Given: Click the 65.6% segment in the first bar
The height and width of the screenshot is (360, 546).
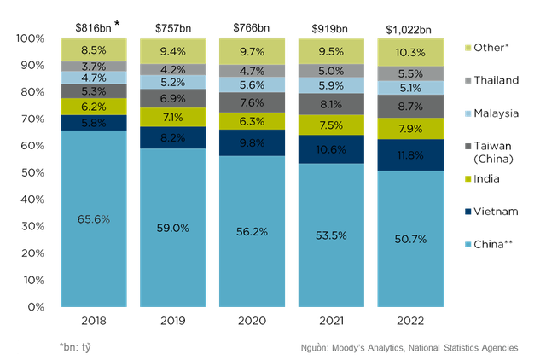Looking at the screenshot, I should [94, 218].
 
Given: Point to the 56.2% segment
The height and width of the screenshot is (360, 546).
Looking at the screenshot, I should [252, 230].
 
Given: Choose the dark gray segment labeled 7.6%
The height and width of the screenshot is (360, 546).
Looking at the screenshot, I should [252, 102].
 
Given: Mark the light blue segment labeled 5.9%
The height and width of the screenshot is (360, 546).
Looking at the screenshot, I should [331, 85].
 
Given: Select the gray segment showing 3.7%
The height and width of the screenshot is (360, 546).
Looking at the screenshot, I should [94, 66].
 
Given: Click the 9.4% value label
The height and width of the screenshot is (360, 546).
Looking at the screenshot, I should [172, 51].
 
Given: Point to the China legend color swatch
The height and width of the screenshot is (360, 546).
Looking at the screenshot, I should [465, 245].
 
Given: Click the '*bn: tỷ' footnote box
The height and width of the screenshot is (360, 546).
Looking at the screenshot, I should [73, 347].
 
